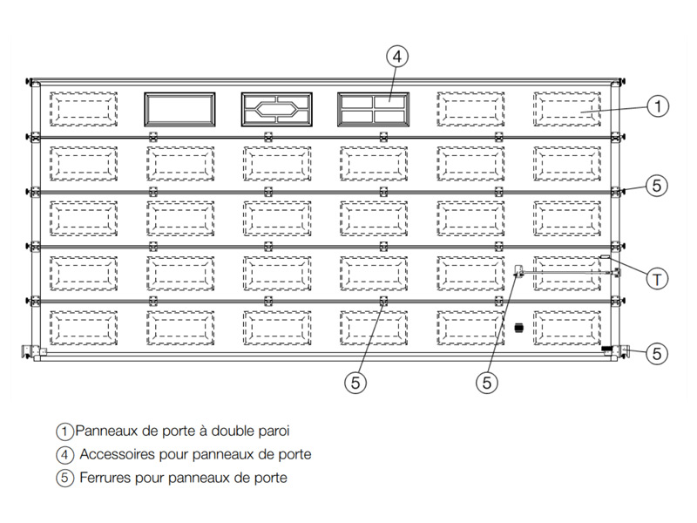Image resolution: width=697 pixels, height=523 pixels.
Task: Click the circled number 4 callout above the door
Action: coord(397,57)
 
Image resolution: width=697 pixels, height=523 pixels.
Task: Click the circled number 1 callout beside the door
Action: coord(658,106)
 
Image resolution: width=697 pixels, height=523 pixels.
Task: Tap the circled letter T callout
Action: coord(657,279)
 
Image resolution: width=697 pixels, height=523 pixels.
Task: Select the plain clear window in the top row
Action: coord(179,110)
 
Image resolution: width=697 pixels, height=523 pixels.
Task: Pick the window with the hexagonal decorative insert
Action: coord(276,110)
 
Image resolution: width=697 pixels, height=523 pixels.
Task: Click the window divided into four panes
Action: coord(374,110)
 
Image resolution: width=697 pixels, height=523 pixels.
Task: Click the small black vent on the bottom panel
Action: coord(518,329)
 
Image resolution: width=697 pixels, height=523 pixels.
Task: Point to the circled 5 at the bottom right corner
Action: coord(657,354)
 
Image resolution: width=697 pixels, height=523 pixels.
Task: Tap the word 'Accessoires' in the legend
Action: coord(118,454)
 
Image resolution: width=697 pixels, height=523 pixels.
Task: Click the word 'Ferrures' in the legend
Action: coord(105,478)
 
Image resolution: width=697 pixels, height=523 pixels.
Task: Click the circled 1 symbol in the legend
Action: coord(64,431)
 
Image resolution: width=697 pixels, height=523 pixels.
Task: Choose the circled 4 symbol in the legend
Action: coord(64,454)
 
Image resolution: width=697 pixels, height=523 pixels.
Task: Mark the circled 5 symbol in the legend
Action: coord(64,478)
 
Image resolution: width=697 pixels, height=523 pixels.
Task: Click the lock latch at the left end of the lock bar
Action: coord(518,270)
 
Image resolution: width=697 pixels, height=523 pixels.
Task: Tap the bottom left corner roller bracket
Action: coord(28,351)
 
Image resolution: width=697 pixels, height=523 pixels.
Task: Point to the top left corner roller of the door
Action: coord(30,82)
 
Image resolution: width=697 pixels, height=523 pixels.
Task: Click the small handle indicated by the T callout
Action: coord(605,256)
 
